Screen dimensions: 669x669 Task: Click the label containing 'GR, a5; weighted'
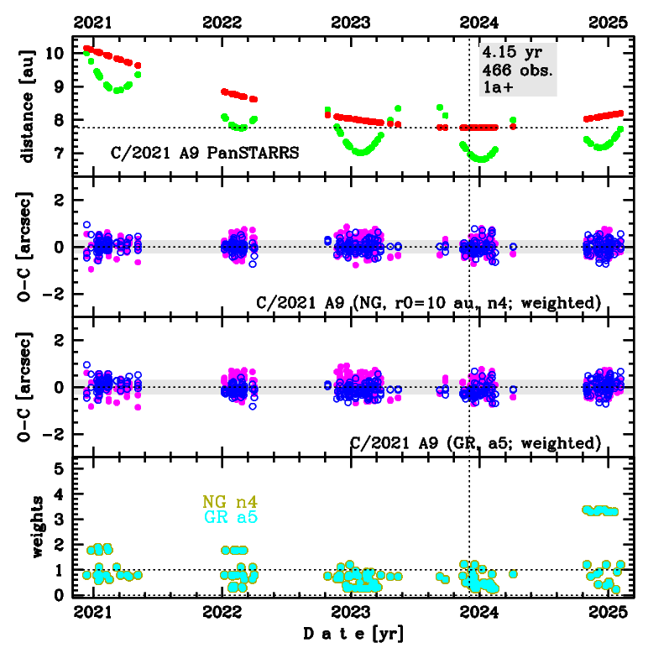[x=475, y=442]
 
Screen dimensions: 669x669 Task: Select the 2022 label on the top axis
[x=222, y=23]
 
